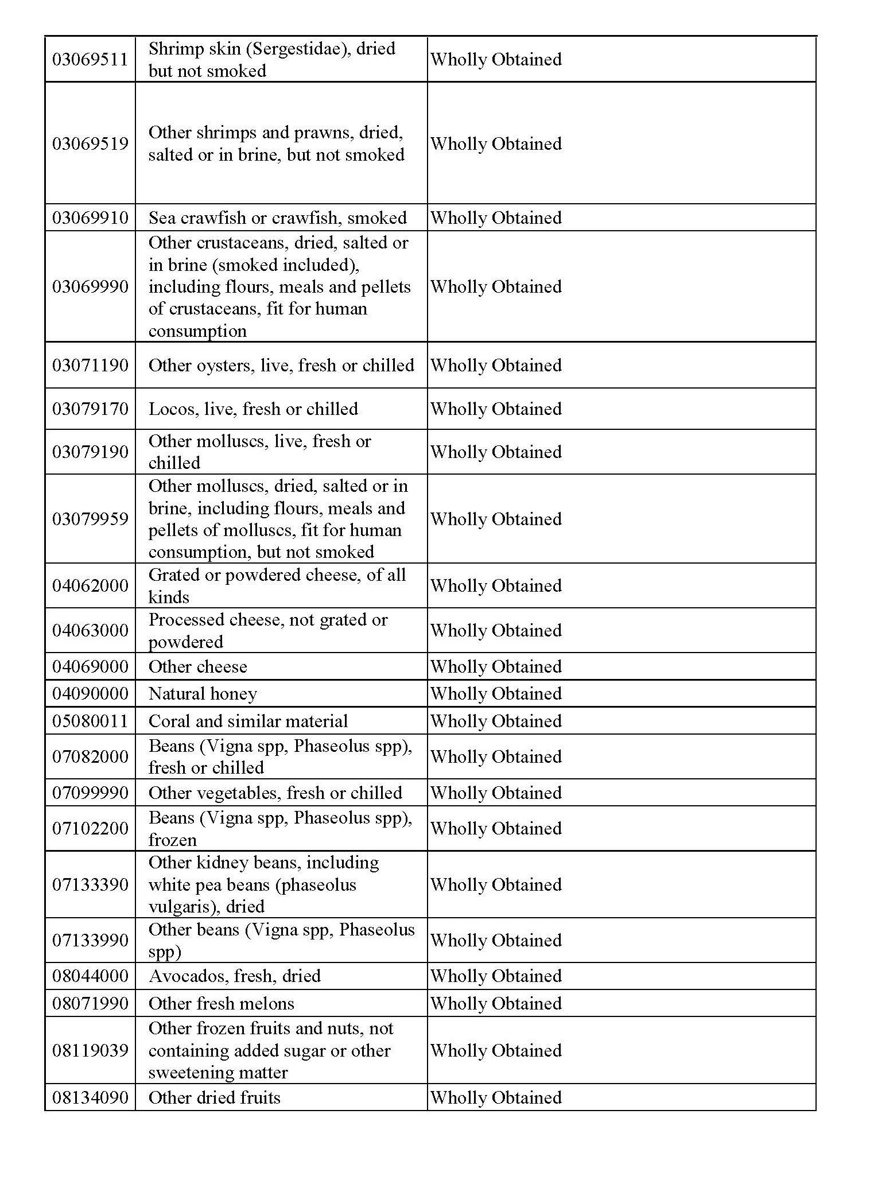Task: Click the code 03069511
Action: click(x=90, y=60)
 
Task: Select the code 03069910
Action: click(x=90, y=218)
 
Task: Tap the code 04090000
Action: click(x=90, y=694)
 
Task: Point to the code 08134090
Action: click(x=90, y=1098)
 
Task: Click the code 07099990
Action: click(x=90, y=793)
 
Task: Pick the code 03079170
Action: click(x=90, y=409)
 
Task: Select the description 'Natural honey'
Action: click(x=203, y=694)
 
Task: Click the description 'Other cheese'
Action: click(x=197, y=667)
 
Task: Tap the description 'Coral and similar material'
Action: click(x=248, y=721)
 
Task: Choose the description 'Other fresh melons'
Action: click(x=221, y=1004)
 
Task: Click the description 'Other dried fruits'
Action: click(x=214, y=1098)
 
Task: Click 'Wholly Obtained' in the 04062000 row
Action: click(x=496, y=586)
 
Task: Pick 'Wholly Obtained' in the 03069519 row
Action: click(x=496, y=144)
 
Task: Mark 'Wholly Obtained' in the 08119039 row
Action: click(x=496, y=1051)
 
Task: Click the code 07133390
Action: click(x=90, y=884)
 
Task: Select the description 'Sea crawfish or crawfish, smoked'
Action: click(x=277, y=218)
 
